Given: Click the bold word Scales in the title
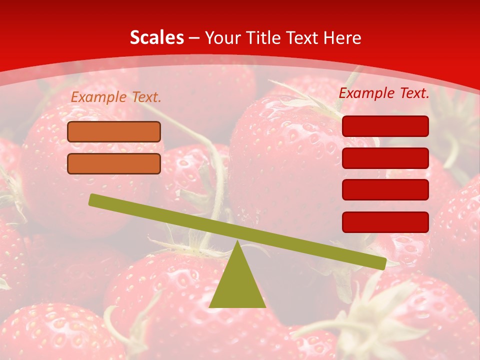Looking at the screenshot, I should (x=157, y=37).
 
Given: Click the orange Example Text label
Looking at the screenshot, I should (x=116, y=97).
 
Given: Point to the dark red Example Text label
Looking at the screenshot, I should (x=384, y=92).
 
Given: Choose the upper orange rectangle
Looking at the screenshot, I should (x=114, y=132).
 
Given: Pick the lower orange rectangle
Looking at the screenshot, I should (x=114, y=163).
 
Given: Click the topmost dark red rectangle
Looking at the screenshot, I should (x=385, y=126).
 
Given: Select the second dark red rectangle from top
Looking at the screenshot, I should (x=385, y=158).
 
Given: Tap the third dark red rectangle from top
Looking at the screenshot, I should (x=385, y=190).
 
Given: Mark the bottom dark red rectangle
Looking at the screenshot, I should (x=385, y=222).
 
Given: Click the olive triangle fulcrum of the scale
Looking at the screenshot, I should (x=237, y=285).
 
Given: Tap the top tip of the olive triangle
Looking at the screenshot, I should (x=238, y=242).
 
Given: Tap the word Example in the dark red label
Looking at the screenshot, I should (x=367, y=92).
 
